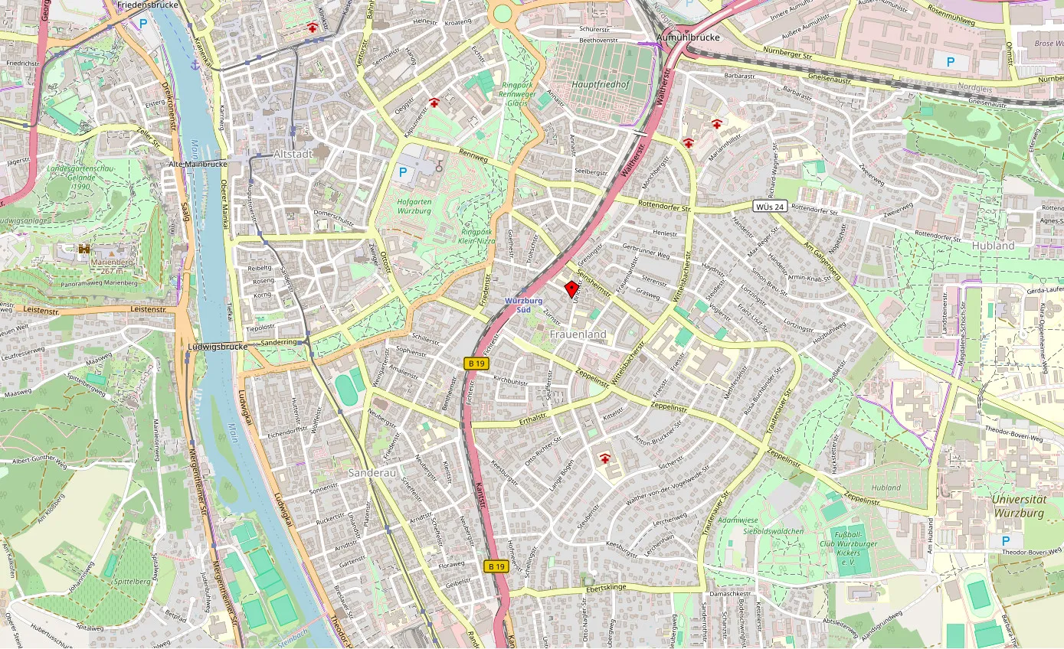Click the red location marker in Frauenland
click(x=571, y=289)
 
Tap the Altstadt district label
click(x=293, y=154)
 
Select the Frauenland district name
click(x=578, y=334)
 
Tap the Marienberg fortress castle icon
click(x=84, y=249)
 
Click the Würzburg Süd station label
click(x=524, y=305)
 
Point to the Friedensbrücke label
click(x=148, y=5)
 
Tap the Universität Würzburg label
click(x=1018, y=506)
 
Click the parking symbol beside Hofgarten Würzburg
click(x=402, y=173)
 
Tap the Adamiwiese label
click(x=738, y=520)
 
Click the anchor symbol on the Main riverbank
click(x=195, y=66)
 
